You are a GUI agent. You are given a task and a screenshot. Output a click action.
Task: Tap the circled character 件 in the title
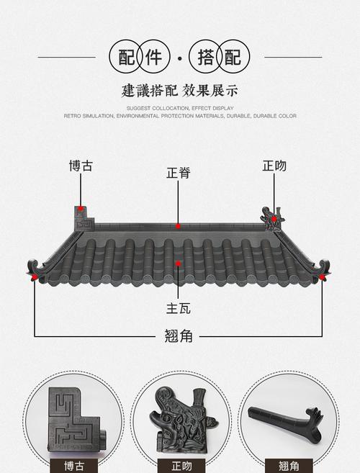[153, 57]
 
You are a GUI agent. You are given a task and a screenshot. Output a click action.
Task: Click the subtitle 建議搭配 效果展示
[180, 91]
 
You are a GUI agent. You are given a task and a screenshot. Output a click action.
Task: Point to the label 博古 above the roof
[81, 166]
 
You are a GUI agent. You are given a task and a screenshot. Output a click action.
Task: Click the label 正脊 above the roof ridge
[179, 174]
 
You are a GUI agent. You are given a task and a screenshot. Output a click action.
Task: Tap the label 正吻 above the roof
[274, 166]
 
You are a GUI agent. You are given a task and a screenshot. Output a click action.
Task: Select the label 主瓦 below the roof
[179, 307]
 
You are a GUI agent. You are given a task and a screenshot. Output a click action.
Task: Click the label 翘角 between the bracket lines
[179, 336]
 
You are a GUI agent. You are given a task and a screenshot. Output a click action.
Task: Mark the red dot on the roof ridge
[179, 226]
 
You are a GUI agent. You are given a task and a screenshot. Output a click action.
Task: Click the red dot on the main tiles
[179, 262]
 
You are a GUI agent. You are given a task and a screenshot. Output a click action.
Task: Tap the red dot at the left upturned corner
[35, 276]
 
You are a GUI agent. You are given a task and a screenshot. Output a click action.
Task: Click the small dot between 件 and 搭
[179, 57]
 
